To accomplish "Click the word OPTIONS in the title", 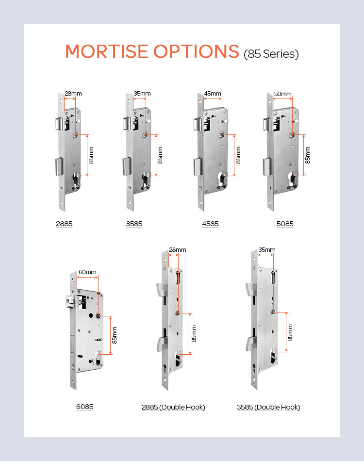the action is pos(196,51).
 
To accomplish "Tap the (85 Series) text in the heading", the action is pos(271,54).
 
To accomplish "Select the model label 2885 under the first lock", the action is pos(64,224).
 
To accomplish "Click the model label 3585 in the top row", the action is pos(134,224).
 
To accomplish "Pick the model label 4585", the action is pos(210,224).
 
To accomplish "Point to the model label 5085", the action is pos(285,224).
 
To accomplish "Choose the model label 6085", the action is pos(84,407).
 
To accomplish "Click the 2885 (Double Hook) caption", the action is pos(173,407).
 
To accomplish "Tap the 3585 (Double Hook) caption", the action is pos(268,407).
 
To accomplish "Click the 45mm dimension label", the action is pos(213,94).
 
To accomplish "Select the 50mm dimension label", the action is pos(283,94).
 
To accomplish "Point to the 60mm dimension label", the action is pos(88,272).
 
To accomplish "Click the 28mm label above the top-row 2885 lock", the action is pos(73,94).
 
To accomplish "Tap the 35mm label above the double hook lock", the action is pos(267,250).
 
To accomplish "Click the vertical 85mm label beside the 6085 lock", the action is pos(115,335).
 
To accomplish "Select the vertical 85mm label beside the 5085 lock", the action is pos(308,155).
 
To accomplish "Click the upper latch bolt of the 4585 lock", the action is pos(198,124).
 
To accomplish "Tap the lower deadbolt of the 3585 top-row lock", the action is pos(127,166).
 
